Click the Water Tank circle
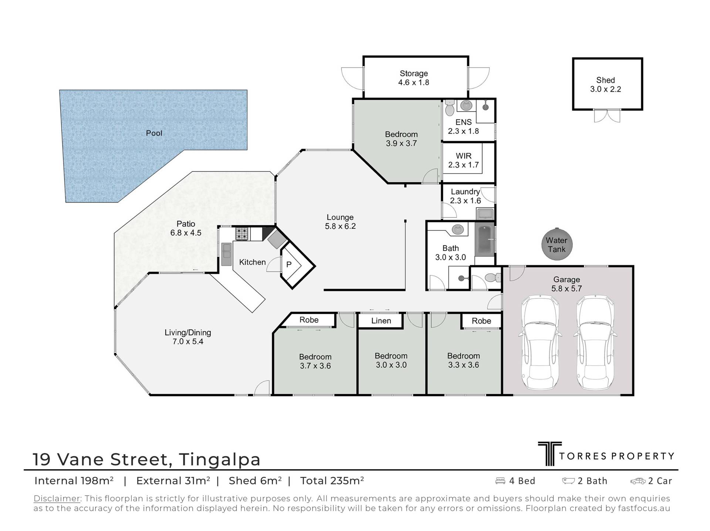pos(557,245)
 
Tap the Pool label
pos(154,133)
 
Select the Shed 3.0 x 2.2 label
pos(605,85)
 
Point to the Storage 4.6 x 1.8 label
pos(413,78)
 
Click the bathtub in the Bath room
pos(484,239)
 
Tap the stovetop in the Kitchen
pos(242,234)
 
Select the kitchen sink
pos(226,254)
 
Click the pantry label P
pos(289,265)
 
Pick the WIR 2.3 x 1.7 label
pos(463,160)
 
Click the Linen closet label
pos(381,321)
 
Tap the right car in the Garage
pos(595,343)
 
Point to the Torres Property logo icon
pos(550,454)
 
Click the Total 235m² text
pos(332,481)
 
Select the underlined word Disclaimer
pos(57,498)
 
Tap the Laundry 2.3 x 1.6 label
pos(465,196)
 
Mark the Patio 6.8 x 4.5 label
pos(186,228)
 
